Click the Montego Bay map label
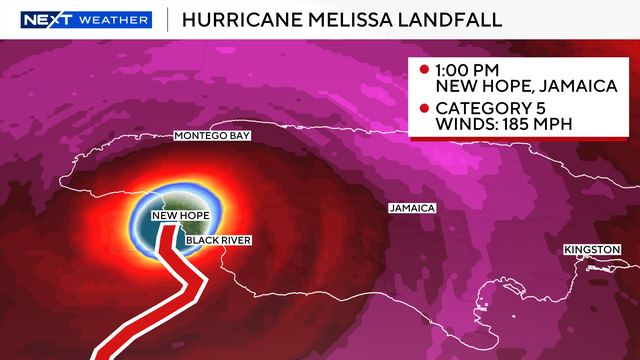pyautogui.click(x=211, y=134)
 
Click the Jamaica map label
pyautogui.click(x=413, y=208)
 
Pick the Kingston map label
pyautogui.click(x=592, y=248)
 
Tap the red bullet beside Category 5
pyautogui.click(x=424, y=107)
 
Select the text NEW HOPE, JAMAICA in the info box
pyautogui.click(x=518, y=87)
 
